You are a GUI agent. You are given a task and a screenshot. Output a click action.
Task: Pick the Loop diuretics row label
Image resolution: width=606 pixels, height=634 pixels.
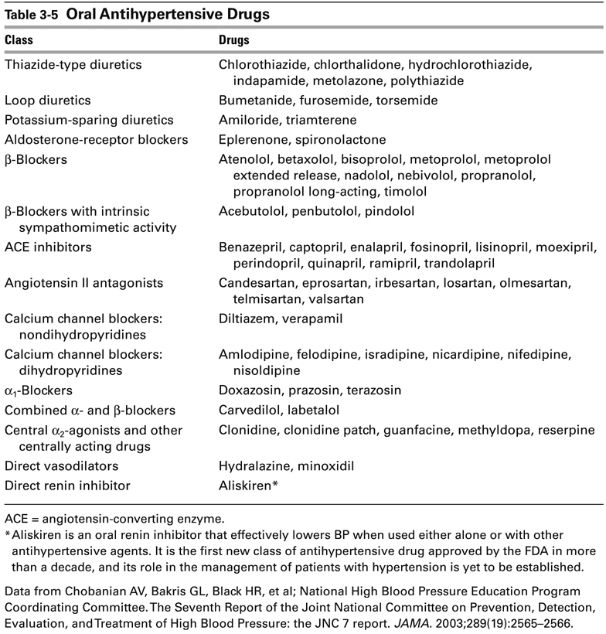[47, 101]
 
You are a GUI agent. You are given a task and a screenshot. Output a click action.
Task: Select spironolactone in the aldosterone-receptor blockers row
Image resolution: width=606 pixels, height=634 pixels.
[331, 139]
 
